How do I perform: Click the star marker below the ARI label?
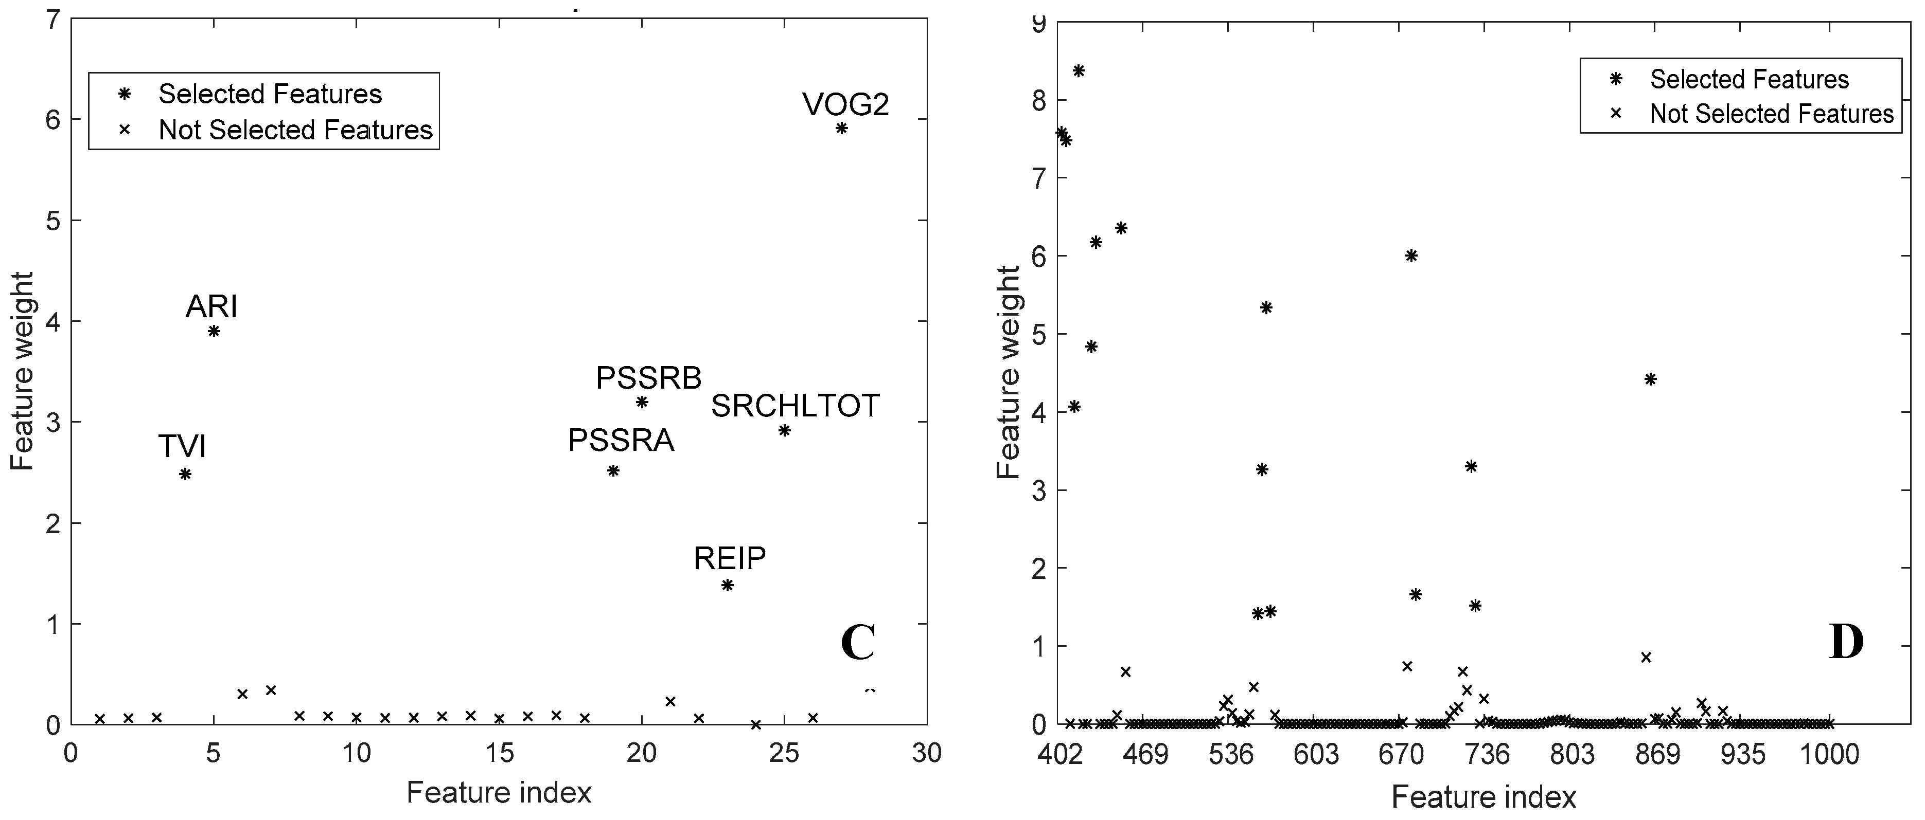tap(214, 331)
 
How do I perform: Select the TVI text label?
tap(182, 447)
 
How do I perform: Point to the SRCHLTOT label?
tap(795, 406)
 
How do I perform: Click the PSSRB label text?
tap(649, 378)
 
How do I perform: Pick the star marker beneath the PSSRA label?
tap(613, 470)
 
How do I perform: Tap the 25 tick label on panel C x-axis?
tap(784, 753)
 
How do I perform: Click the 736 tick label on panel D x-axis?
tap(1487, 754)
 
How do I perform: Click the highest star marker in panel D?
tap(1079, 71)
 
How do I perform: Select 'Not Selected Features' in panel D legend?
tap(1771, 114)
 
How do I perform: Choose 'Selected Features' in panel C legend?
tap(270, 94)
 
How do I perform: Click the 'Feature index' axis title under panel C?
tap(499, 792)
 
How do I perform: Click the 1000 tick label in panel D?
tap(1829, 754)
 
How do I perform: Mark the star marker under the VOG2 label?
tap(841, 127)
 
